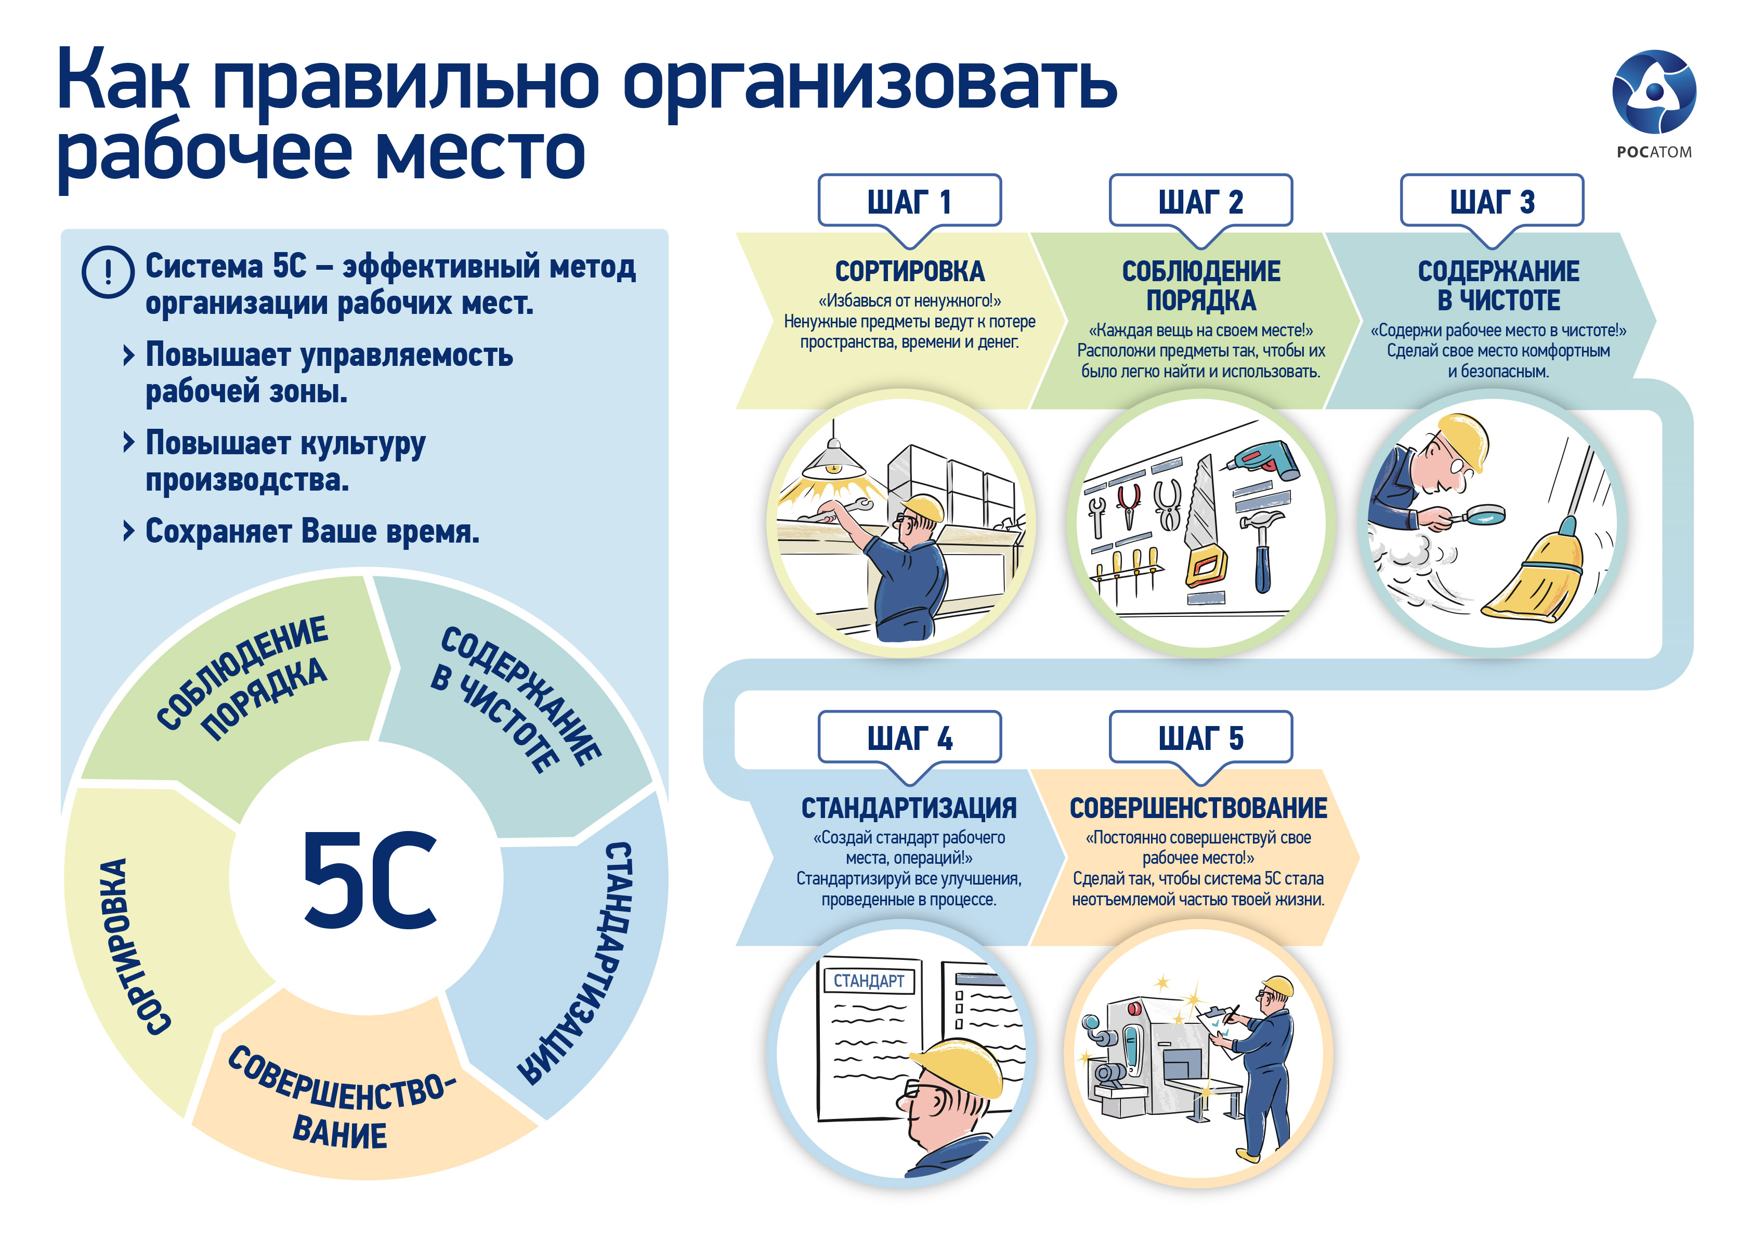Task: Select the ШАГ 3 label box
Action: click(x=1492, y=201)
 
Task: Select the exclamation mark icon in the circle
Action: click(x=108, y=272)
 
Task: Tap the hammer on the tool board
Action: click(x=1263, y=549)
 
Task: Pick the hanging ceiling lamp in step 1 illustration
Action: click(x=834, y=462)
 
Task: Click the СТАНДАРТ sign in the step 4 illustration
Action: click(x=868, y=980)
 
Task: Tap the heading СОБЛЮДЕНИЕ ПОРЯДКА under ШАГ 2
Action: click(x=1200, y=285)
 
